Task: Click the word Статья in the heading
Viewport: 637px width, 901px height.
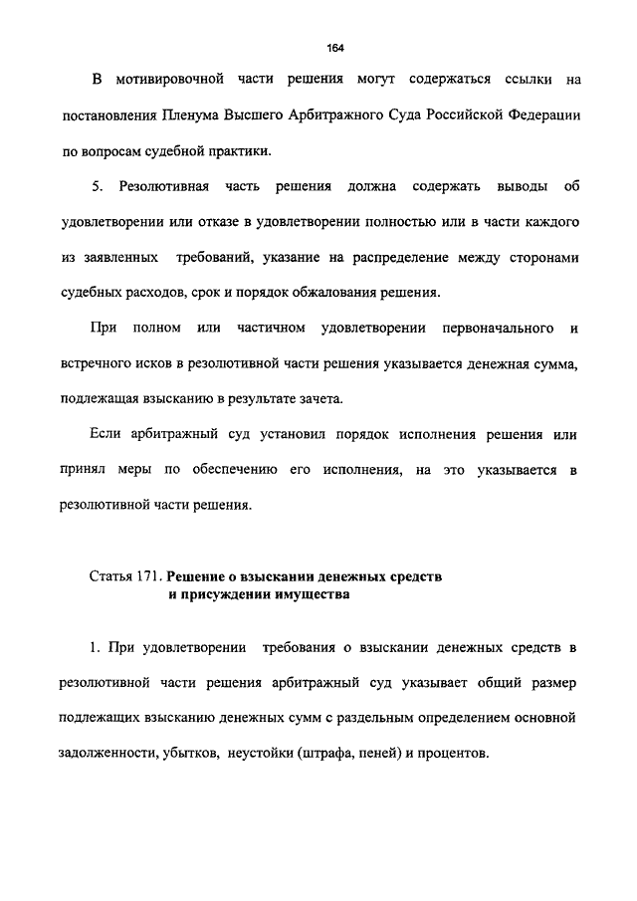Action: (x=111, y=577)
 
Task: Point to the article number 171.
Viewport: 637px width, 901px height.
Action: (x=148, y=577)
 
